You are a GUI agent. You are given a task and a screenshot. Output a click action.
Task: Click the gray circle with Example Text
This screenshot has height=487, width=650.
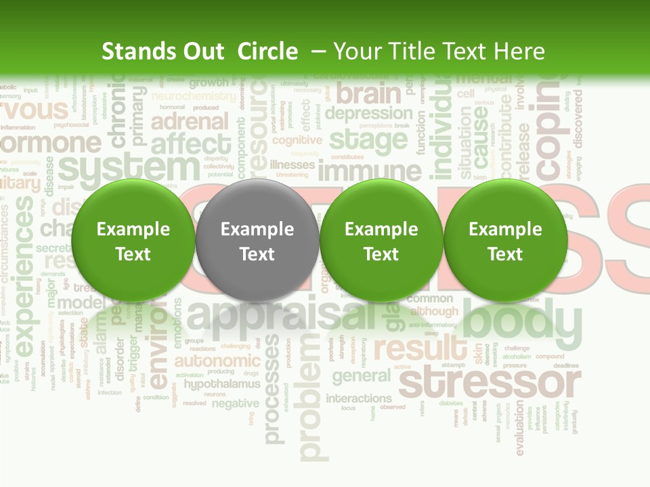[x=257, y=241]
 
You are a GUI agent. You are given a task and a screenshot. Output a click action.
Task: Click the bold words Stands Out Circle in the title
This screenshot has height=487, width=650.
[x=199, y=51]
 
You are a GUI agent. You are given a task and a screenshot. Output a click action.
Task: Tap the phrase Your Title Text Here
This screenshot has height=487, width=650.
[x=439, y=51]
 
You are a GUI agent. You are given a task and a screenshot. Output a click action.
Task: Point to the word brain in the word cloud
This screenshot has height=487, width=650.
[x=368, y=93]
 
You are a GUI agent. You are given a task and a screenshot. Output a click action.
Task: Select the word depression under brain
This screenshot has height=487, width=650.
[x=368, y=113]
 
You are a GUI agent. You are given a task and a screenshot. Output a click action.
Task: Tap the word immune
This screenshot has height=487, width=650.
[x=370, y=170]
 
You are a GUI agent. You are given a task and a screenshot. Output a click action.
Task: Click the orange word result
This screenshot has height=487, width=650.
[x=420, y=349]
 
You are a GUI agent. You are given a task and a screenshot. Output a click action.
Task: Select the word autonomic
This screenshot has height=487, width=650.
[x=217, y=360]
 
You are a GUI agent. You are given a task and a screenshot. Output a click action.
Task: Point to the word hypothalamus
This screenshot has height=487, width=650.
[x=221, y=384]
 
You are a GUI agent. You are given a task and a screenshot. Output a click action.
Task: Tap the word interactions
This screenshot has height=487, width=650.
[x=359, y=398]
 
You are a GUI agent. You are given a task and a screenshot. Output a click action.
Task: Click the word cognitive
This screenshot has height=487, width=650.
[x=297, y=140]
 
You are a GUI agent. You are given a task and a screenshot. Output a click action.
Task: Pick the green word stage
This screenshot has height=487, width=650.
[x=368, y=140]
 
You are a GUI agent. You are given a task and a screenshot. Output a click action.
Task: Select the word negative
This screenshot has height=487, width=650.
[x=235, y=403]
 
